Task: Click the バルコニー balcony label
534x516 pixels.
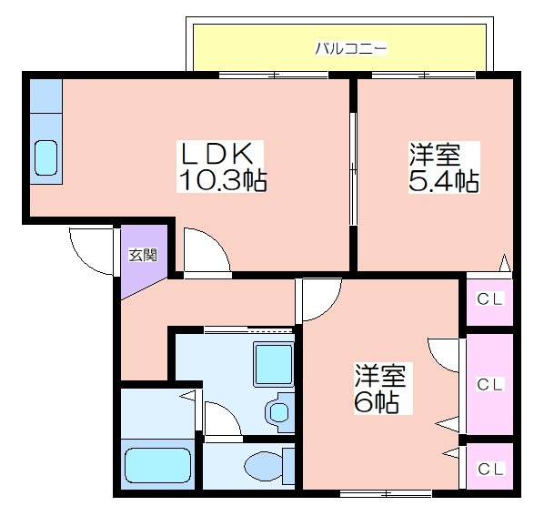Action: pos(351,49)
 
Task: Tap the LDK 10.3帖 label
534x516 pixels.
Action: pos(221,167)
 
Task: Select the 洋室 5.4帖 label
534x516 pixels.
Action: pos(444,167)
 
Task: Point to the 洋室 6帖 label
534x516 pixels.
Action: pos(381,389)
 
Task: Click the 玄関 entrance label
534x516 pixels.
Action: pos(143,255)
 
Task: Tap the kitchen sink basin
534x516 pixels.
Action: pos(46,157)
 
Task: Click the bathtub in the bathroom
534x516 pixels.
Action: pos(157,465)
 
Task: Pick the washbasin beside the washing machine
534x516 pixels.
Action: pos(278,413)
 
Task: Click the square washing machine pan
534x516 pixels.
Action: pos(274,365)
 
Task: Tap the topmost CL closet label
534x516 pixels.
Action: pos(489,299)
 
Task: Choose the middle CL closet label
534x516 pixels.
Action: pos(489,385)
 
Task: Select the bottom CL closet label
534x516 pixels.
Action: pos(490,470)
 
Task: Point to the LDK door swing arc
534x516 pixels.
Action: pos(216,241)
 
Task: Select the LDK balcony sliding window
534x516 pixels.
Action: pos(274,75)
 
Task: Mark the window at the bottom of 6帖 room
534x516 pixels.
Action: pos(387,493)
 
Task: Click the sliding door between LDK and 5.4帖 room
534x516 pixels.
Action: pos(353,168)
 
